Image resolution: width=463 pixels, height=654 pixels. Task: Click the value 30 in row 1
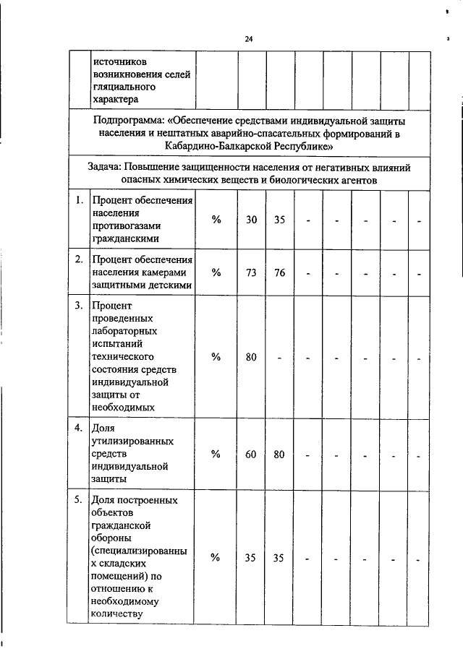coord(251,219)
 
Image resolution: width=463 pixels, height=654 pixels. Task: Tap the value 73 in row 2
coord(251,272)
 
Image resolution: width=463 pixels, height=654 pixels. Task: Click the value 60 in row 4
coord(251,454)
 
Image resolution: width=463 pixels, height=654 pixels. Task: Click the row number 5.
coord(78,500)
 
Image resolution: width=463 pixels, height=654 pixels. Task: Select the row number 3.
coord(78,306)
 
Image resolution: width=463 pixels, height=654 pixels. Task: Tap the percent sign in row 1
coord(216,219)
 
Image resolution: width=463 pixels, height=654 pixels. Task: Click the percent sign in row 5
coord(216,557)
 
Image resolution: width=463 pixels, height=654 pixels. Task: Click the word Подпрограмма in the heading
coord(130,120)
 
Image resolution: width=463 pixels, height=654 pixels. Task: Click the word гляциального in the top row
coord(124,86)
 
